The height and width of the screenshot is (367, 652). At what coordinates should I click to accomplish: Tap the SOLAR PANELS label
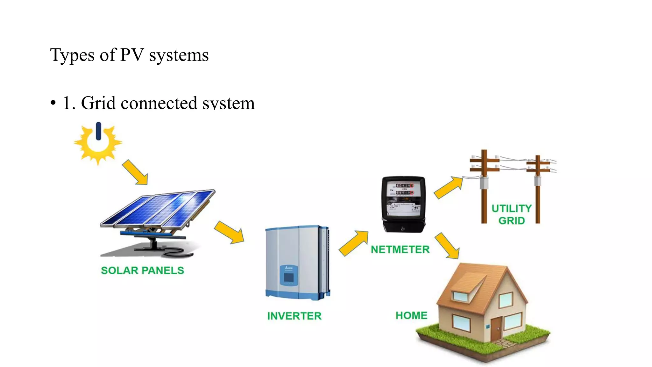(x=142, y=270)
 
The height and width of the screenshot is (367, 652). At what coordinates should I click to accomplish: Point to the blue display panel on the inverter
(x=289, y=276)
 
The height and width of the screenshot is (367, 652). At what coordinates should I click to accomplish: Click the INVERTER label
(x=294, y=316)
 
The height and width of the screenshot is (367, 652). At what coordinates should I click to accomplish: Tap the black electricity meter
(x=404, y=204)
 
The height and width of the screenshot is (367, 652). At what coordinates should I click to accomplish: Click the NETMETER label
(x=400, y=249)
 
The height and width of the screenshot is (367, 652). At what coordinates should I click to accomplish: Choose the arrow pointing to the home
(x=448, y=246)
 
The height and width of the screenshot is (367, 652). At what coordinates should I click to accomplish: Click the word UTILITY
(x=512, y=208)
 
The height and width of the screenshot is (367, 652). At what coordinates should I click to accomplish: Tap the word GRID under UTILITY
(x=512, y=221)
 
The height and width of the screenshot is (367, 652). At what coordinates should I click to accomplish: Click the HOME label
(x=411, y=315)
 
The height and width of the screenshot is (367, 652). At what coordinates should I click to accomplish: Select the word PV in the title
(x=132, y=55)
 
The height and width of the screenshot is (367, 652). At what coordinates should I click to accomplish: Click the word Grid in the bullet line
(x=98, y=103)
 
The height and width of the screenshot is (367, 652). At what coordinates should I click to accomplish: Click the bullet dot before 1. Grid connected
(x=53, y=103)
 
